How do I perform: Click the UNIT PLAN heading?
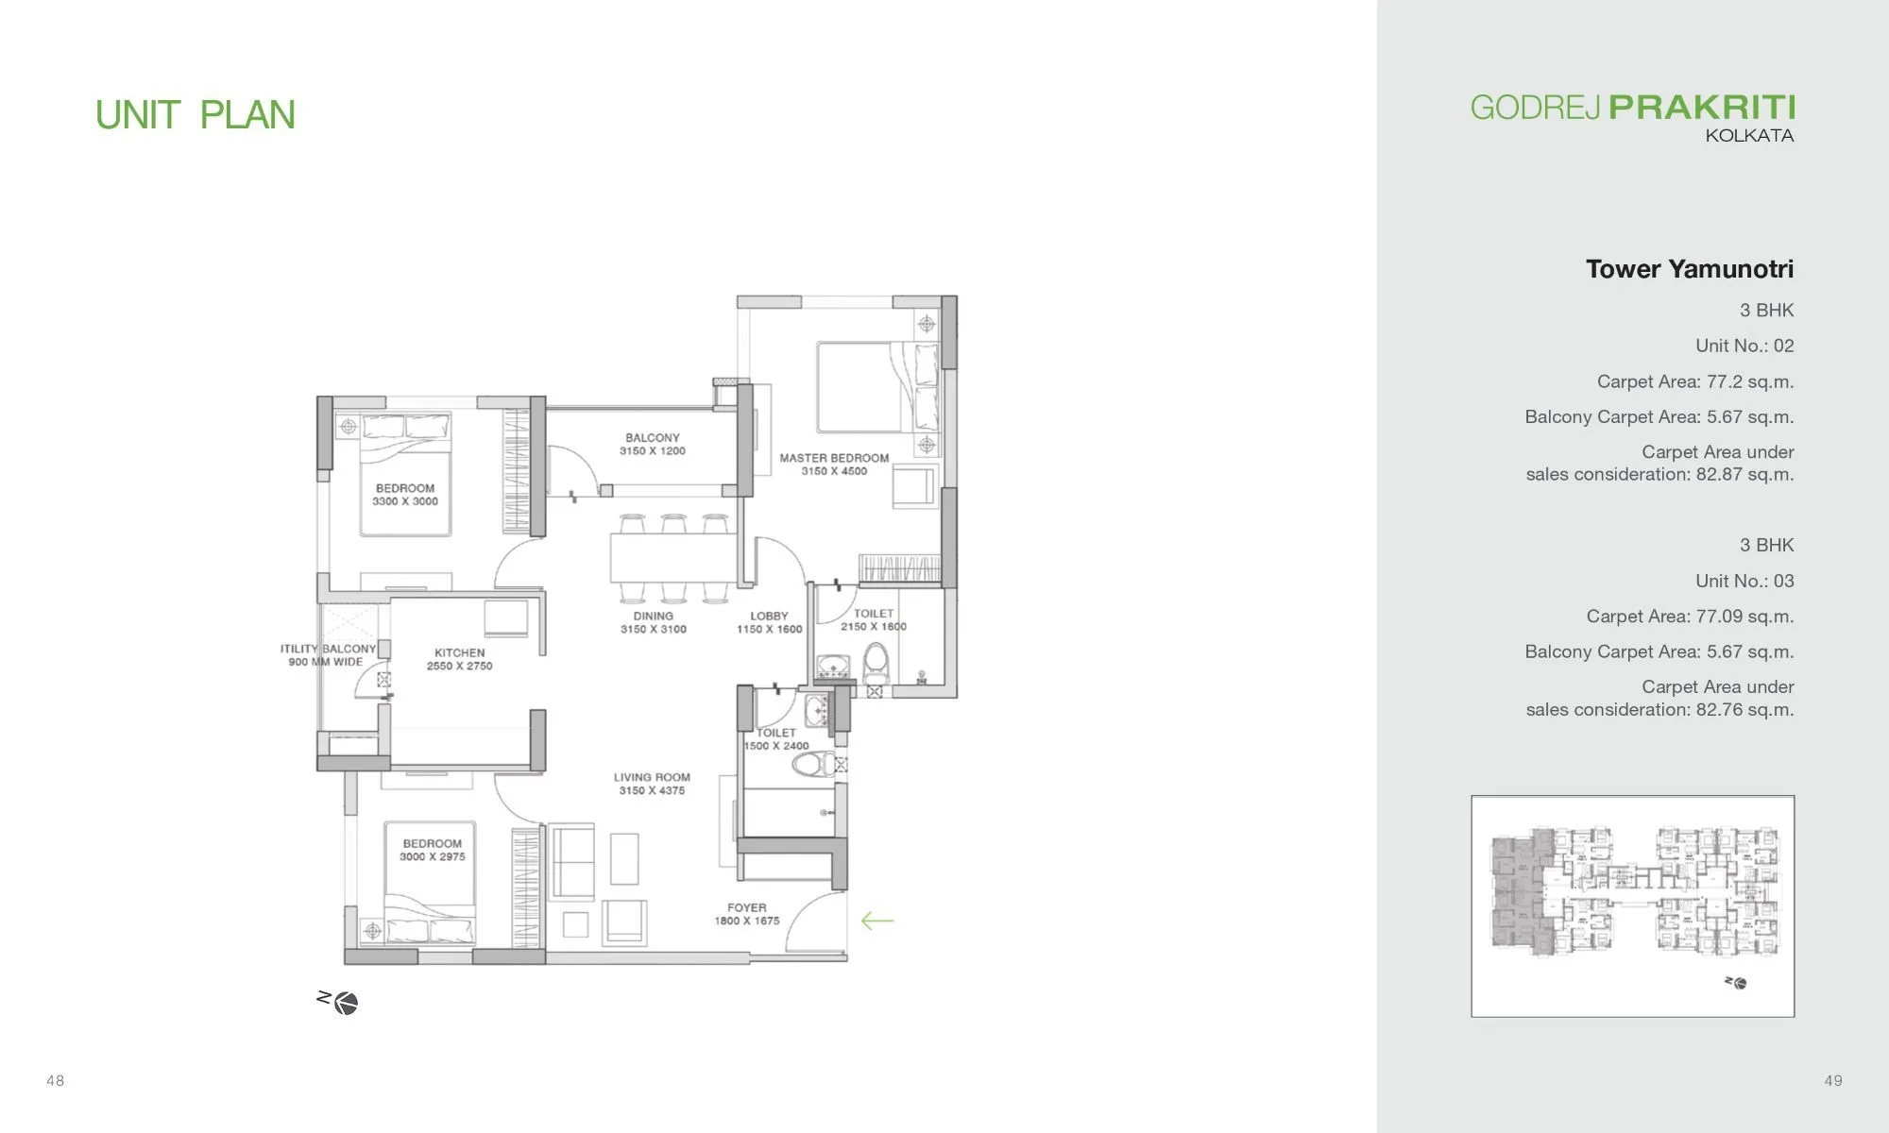[x=196, y=115]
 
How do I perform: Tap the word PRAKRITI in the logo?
[x=1701, y=108]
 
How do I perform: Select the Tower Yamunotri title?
[x=1689, y=269]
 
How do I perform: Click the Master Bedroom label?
[x=834, y=458]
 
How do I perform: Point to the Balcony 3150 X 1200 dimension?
[x=653, y=451]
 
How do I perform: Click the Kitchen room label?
[x=460, y=652]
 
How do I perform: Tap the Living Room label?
[x=652, y=777]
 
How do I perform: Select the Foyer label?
[x=747, y=907]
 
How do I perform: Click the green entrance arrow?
[x=877, y=921]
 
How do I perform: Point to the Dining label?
[x=654, y=616]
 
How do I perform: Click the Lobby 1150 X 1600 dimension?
[x=769, y=630]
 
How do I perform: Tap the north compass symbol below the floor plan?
[x=345, y=1003]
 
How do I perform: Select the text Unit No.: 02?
[x=1744, y=346]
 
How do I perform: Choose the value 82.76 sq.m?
[x=1744, y=710]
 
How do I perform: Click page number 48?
[x=56, y=1080]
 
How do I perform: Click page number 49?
[x=1832, y=1080]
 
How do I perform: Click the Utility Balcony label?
[x=331, y=649]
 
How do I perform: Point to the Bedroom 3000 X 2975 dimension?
[x=433, y=857]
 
